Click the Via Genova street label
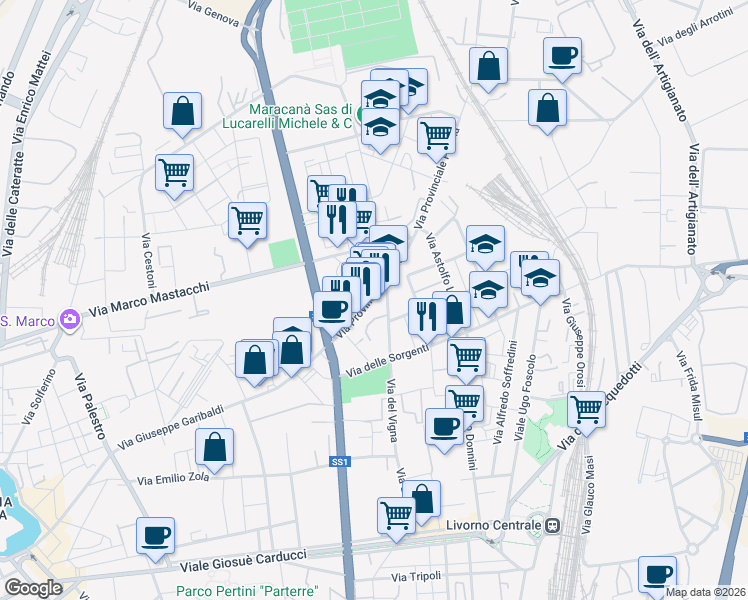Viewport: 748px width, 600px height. [x=213, y=11]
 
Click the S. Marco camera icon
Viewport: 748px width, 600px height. [x=69, y=320]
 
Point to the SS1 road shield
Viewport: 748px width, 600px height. [x=341, y=461]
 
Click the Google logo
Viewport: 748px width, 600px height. [x=33, y=587]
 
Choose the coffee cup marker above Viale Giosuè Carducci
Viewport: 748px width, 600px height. [x=155, y=534]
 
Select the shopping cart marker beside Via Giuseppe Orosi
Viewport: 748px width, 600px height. [x=585, y=407]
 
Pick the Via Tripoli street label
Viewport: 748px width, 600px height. [x=416, y=577]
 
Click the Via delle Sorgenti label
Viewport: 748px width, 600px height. [x=387, y=361]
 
